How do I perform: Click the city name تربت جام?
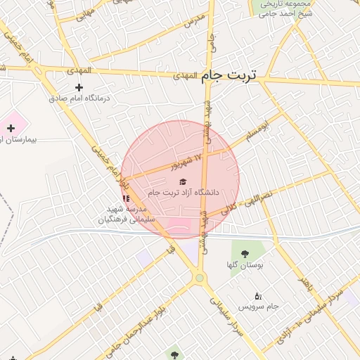click(x=230, y=75)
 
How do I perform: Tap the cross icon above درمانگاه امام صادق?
click(x=79, y=87)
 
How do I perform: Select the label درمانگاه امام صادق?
click(x=78, y=98)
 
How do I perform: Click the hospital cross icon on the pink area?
click(x=11, y=127)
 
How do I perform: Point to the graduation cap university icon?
click(x=184, y=182)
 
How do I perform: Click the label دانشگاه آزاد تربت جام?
click(x=184, y=193)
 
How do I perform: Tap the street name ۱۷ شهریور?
click(x=187, y=161)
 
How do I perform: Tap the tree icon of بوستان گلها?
click(x=245, y=254)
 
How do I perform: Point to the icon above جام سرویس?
click(x=258, y=296)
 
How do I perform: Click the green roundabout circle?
click(x=200, y=279)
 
